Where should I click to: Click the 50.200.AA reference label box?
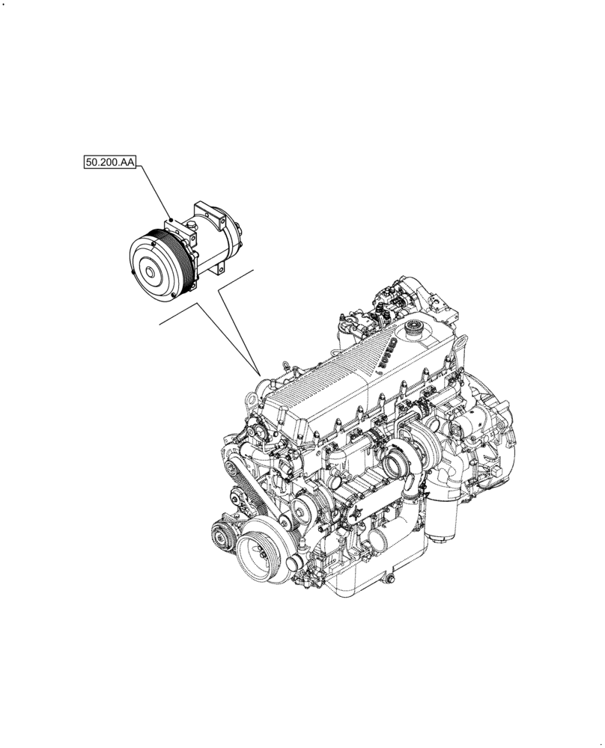click(109, 162)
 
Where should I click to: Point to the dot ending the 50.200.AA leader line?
click(171, 218)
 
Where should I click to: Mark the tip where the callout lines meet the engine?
click(259, 374)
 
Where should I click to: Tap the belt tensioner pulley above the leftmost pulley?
click(237, 497)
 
